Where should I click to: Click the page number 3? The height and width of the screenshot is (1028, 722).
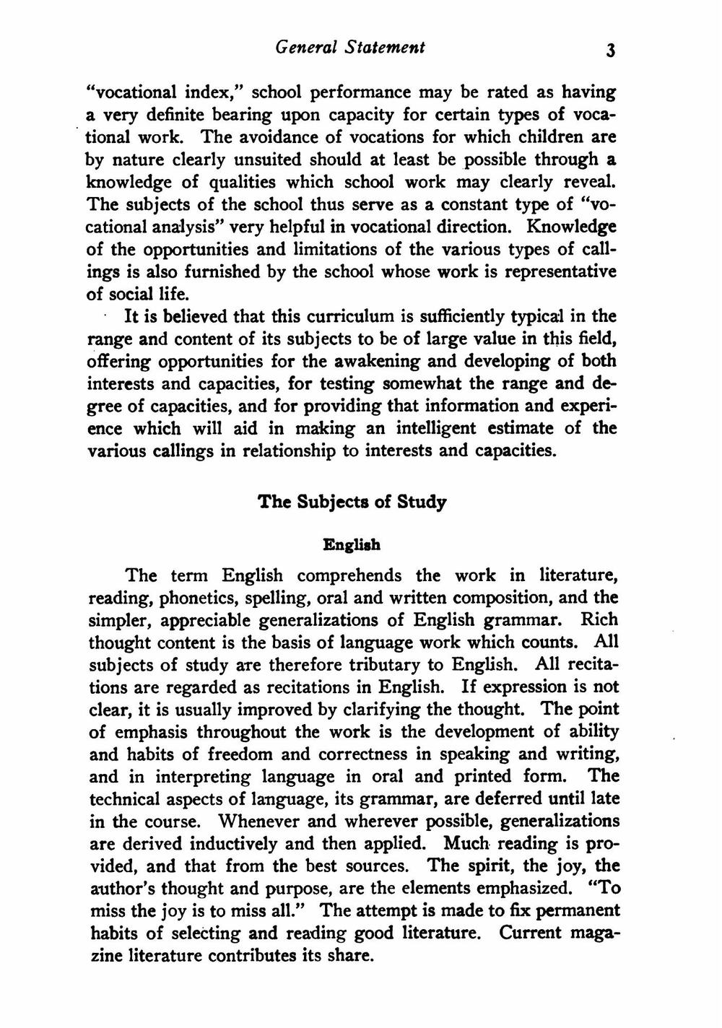coord(610,50)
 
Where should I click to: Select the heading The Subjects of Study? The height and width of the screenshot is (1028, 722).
coord(352,502)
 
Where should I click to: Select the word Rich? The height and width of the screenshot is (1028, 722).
coord(599,620)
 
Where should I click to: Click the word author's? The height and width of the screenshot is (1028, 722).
coord(118,889)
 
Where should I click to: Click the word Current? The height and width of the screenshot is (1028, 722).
coord(530,933)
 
